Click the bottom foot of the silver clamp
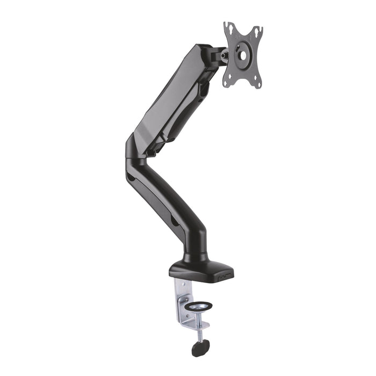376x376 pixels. (x=188, y=326)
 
